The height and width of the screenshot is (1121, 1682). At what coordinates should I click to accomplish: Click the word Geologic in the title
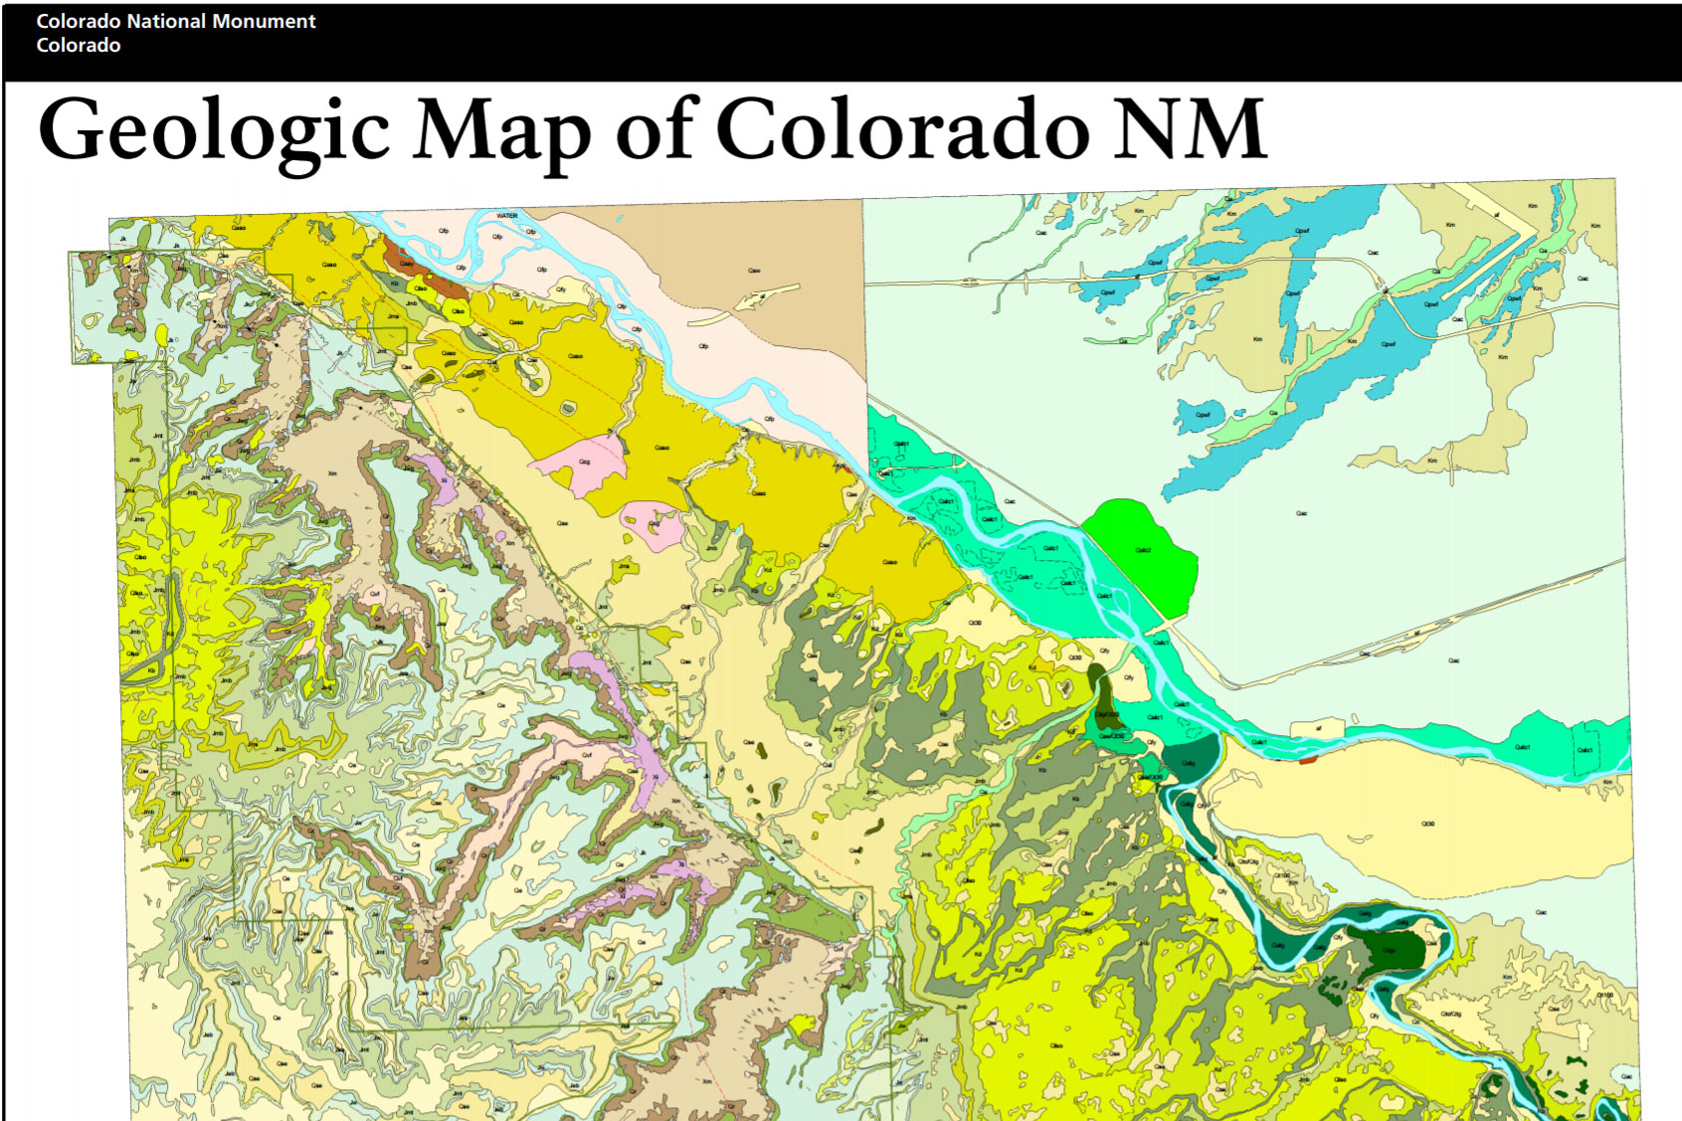(214, 131)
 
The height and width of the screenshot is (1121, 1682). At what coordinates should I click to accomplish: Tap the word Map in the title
(500, 131)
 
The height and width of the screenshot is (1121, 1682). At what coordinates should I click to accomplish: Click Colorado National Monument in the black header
(175, 21)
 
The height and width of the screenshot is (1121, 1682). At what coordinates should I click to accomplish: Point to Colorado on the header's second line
(79, 46)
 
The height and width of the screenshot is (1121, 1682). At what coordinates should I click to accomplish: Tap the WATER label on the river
(506, 216)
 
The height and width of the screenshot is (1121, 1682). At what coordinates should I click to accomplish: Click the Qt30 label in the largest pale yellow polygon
(1427, 824)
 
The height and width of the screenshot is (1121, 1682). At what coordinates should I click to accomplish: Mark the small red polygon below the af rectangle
(1307, 759)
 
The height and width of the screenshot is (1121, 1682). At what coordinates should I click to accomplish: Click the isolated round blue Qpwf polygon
(1200, 416)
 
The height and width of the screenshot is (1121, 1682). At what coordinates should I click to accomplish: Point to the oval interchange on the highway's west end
(970, 281)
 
